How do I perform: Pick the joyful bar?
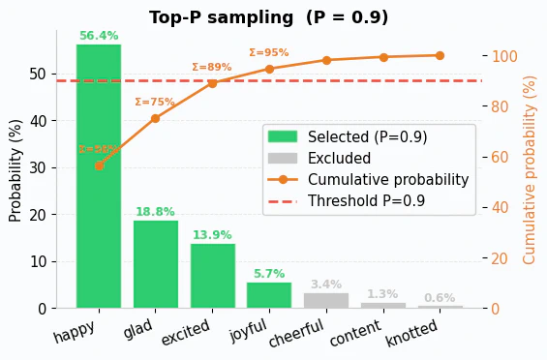click(x=269, y=295)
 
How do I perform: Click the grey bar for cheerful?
click(x=326, y=301)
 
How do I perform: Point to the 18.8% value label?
click(x=156, y=213)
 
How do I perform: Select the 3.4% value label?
click(x=326, y=285)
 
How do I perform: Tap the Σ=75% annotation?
click(x=155, y=103)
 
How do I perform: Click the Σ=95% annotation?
click(x=269, y=53)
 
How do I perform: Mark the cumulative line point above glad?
click(x=156, y=118)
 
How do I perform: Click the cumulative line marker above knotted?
click(x=440, y=55)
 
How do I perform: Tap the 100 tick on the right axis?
click(x=505, y=56)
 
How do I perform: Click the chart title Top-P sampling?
click(x=268, y=17)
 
